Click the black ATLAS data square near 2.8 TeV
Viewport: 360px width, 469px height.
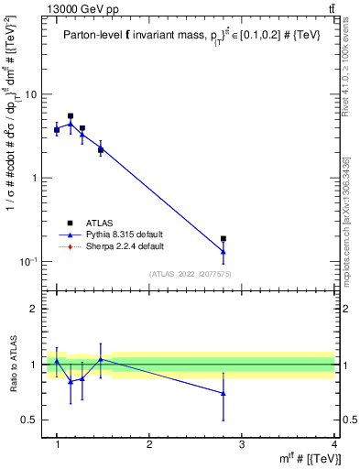tap(224, 238)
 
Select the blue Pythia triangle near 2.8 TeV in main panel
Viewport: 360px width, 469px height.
tap(224, 251)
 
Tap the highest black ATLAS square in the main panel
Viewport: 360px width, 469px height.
tap(71, 116)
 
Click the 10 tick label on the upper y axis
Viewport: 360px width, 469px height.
tap(29, 94)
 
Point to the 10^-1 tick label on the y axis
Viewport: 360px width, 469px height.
tap(27, 262)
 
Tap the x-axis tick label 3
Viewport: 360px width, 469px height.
tap(241, 445)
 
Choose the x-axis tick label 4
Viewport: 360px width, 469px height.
tap(333, 445)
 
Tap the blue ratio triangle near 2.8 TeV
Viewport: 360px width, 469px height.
tap(224, 393)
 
